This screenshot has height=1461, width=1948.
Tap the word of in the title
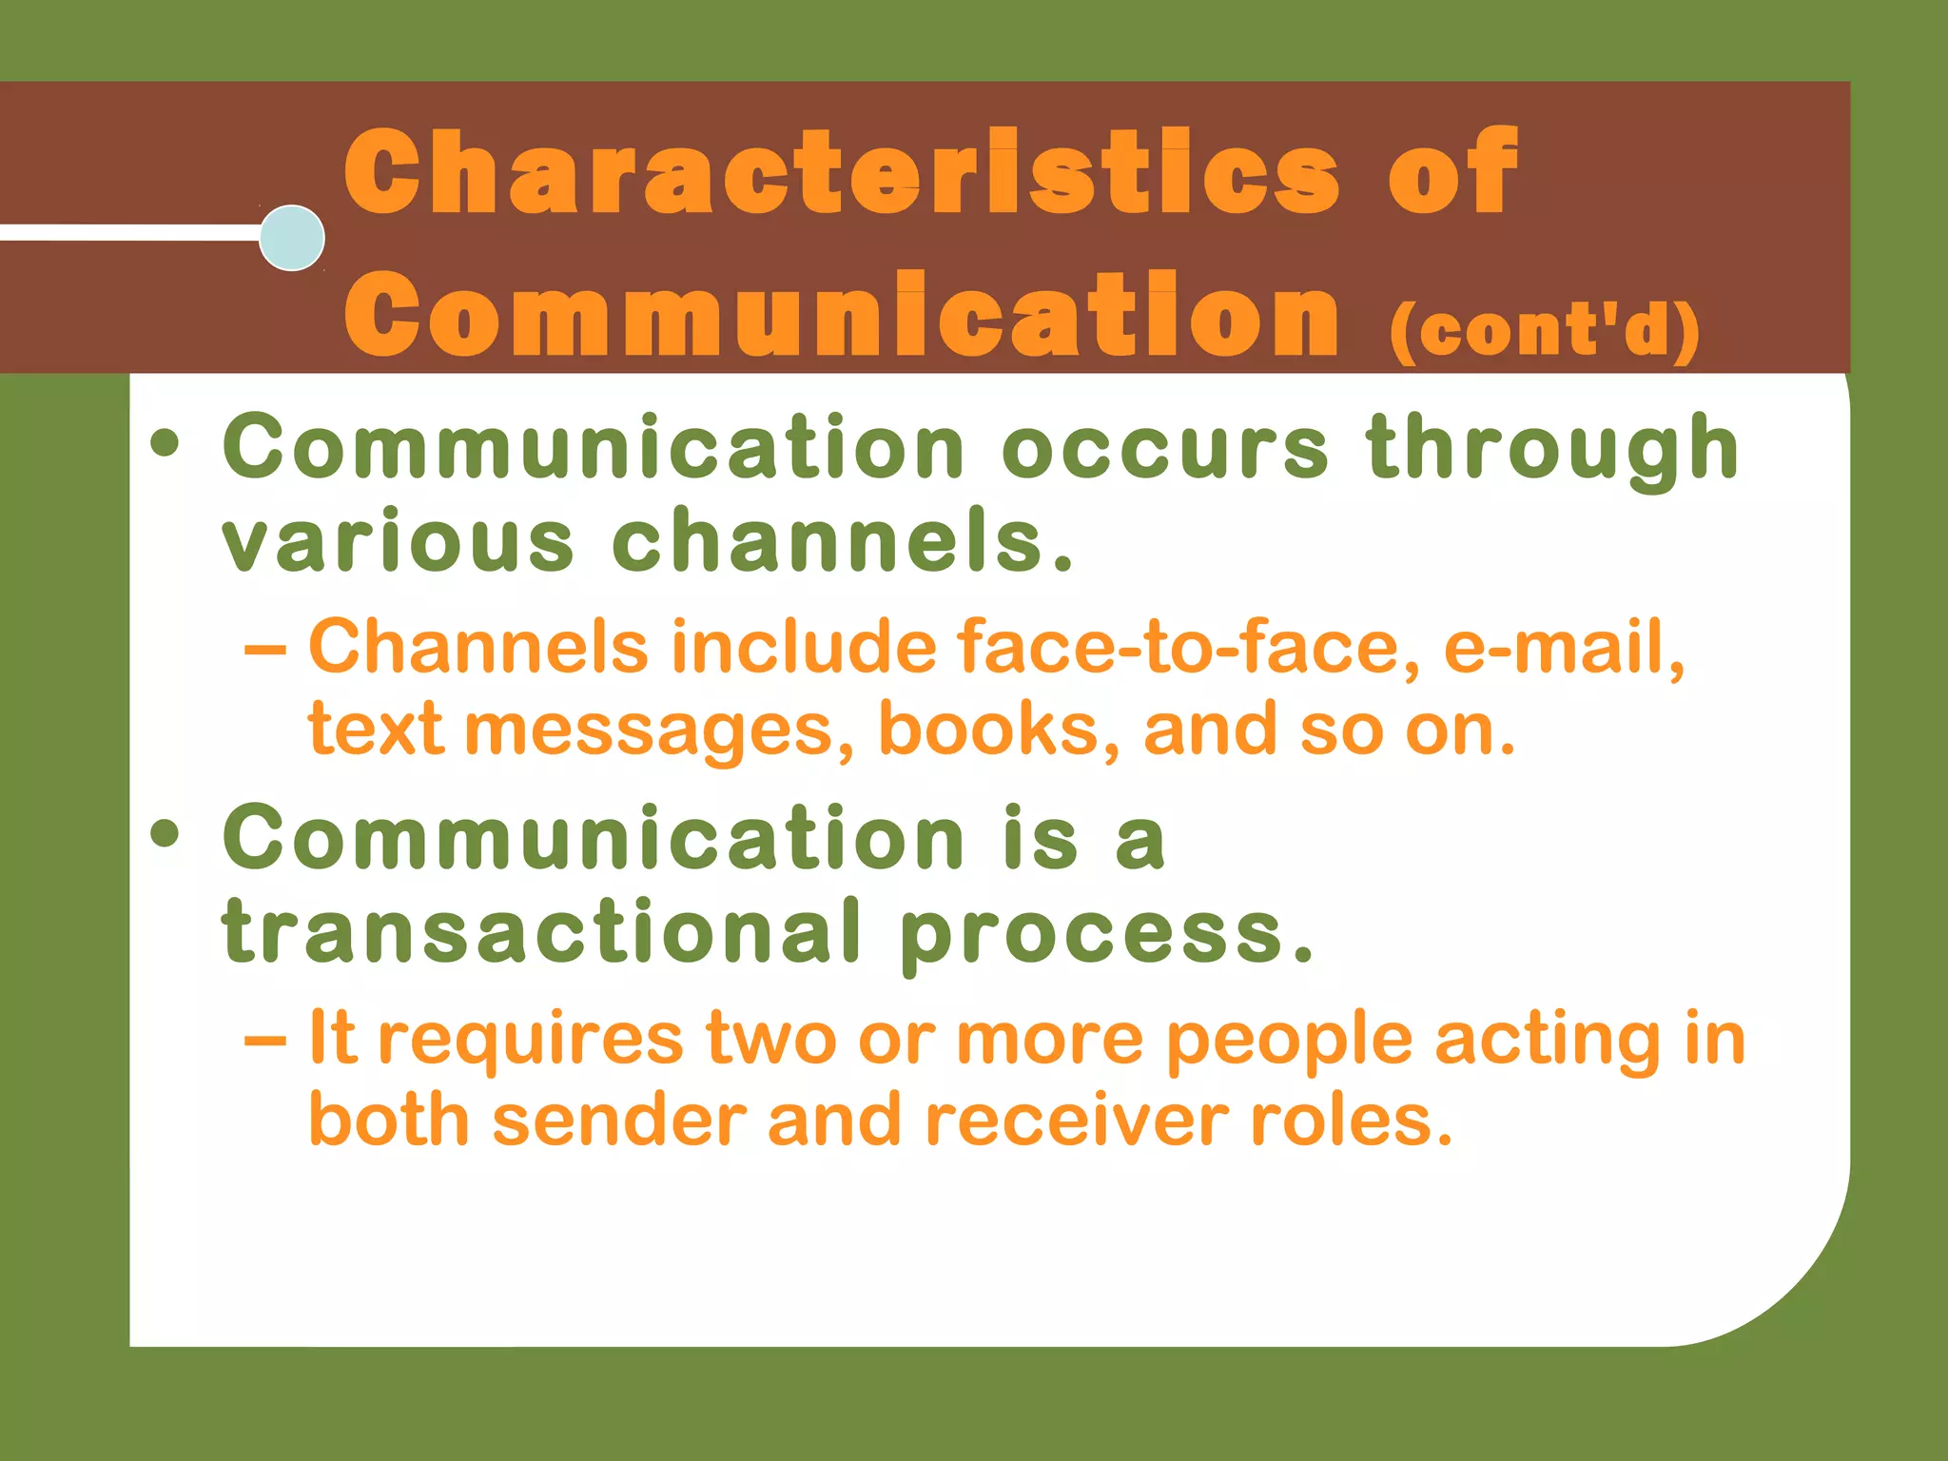[1452, 173]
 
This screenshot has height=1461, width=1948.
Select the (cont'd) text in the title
[1544, 330]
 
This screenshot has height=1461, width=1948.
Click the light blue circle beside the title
[292, 238]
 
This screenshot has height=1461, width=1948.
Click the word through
[1552, 449]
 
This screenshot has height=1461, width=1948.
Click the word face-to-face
[1189, 647]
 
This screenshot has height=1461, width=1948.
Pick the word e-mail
[1564, 647]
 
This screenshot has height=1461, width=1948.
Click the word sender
[619, 1120]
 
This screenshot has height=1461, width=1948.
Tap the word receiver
[1076, 1120]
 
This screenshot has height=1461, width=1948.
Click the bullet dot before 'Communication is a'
[165, 833]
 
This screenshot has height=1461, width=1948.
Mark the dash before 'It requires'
[264, 1041]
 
